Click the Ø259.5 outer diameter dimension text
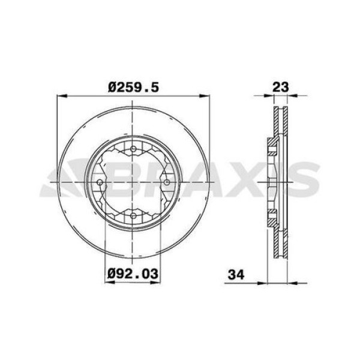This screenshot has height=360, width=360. click(x=133, y=87)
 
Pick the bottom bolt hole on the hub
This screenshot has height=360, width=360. click(x=132, y=215)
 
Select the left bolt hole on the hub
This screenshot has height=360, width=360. click(x=100, y=182)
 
